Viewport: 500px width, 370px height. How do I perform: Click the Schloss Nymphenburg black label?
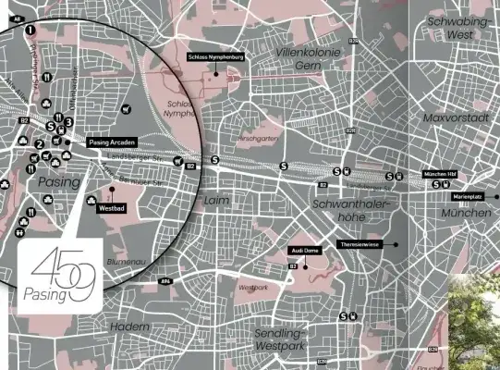(214, 57)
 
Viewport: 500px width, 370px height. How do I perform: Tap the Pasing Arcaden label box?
(113, 142)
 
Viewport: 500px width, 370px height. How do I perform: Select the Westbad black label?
(110, 209)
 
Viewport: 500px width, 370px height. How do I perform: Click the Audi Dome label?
(305, 251)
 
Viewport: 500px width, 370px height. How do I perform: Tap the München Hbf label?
(441, 173)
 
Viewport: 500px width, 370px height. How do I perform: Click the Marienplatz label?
(468, 197)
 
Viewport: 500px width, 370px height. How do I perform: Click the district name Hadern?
(128, 327)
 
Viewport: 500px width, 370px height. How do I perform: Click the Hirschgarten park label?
(259, 139)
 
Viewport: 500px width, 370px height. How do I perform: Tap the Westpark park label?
(252, 288)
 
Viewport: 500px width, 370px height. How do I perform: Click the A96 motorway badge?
(165, 281)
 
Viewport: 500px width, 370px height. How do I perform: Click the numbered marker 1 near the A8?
(30, 30)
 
